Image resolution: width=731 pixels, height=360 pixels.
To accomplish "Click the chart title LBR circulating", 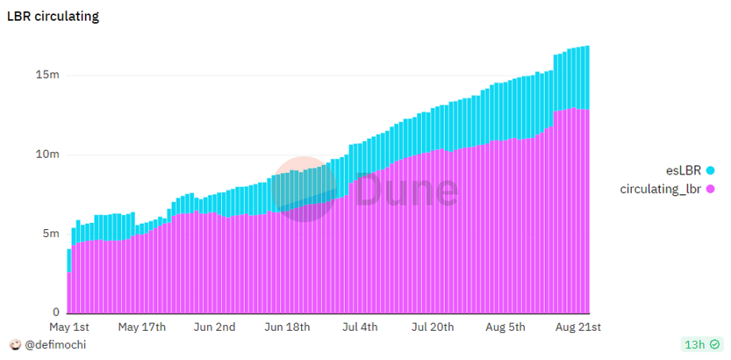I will pyautogui.click(x=52, y=16).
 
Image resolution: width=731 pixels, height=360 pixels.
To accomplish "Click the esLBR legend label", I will pyautogui.click(x=683, y=170).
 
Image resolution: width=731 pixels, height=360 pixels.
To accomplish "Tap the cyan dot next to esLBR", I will pyautogui.click(x=710, y=170).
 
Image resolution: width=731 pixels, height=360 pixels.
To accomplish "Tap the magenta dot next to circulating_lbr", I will pyautogui.click(x=710, y=189).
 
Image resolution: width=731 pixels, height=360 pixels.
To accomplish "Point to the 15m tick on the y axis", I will pyautogui.click(x=48, y=75).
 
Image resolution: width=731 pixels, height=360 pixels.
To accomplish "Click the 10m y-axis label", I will pyautogui.click(x=48, y=155).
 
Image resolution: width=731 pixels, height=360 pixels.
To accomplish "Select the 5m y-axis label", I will pyautogui.click(x=51, y=234).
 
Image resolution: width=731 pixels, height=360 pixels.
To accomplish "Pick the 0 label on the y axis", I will pyautogui.click(x=55, y=312).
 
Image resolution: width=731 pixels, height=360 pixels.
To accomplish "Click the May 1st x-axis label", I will pyautogui.click(x=70, y=327).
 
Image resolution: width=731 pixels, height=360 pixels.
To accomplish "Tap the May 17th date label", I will pyautogui.click(x=141, y=327).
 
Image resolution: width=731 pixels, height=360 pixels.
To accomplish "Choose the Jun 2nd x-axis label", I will pyautogui.click(x=215, y=327).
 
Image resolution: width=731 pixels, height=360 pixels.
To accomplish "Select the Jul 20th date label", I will pyautogui.click(x=433, y=327).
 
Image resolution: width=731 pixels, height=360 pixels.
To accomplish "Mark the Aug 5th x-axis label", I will pyautogui.click(x=506, y=327).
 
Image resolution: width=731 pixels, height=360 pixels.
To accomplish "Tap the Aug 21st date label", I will pyautogui.click(x=578, y=327).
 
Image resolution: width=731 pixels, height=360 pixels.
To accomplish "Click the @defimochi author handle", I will pyautogui.click(x=55, y=345).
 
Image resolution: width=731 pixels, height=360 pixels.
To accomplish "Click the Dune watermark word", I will pyautogui.click(x=407, y=190).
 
